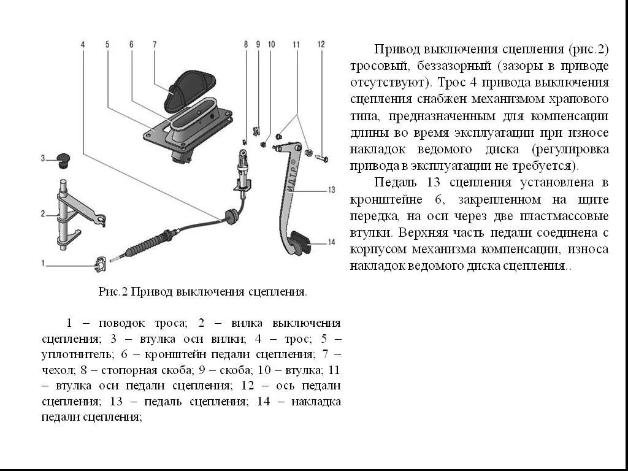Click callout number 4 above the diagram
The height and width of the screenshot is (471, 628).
click(83, 44)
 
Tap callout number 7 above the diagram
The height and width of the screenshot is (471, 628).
click(155, 44)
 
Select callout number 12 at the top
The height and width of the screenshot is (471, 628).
click(321, 44)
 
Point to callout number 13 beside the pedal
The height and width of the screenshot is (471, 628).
click(331, 190)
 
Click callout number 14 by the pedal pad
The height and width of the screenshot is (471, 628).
click(331, 242)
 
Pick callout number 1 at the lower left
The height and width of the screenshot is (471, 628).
click(43, 263)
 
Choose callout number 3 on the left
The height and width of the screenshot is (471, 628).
click(43, 158)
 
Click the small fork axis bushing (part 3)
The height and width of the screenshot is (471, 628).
click(61, 160)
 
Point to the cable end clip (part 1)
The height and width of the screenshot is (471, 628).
click(100, 264)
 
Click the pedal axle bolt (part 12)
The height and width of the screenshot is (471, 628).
click(321, 159)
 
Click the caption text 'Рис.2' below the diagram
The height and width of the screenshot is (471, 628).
click(112, 293)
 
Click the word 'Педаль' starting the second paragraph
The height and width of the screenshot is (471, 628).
click(392, 183)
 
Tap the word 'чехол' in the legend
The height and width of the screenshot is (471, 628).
click(56, 370)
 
